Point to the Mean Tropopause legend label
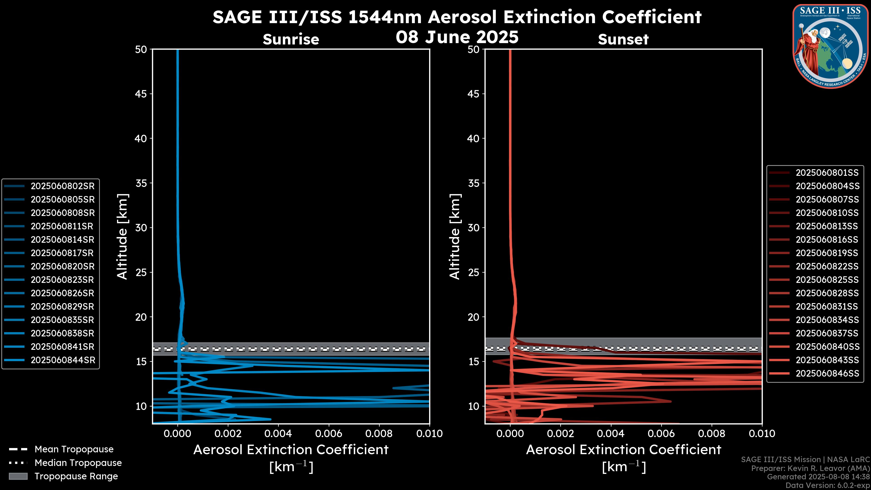pos(74,449)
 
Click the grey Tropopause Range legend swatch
pos(18,476)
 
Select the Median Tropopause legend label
pos(78,463)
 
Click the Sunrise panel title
pos(291,39)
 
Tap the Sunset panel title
pos(623,39)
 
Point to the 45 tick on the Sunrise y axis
pos(141,94)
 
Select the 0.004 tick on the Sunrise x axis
pos(278,434)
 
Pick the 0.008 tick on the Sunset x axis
pos(712,434)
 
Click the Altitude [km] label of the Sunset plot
pos(455,237)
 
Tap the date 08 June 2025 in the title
pos(457,37)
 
